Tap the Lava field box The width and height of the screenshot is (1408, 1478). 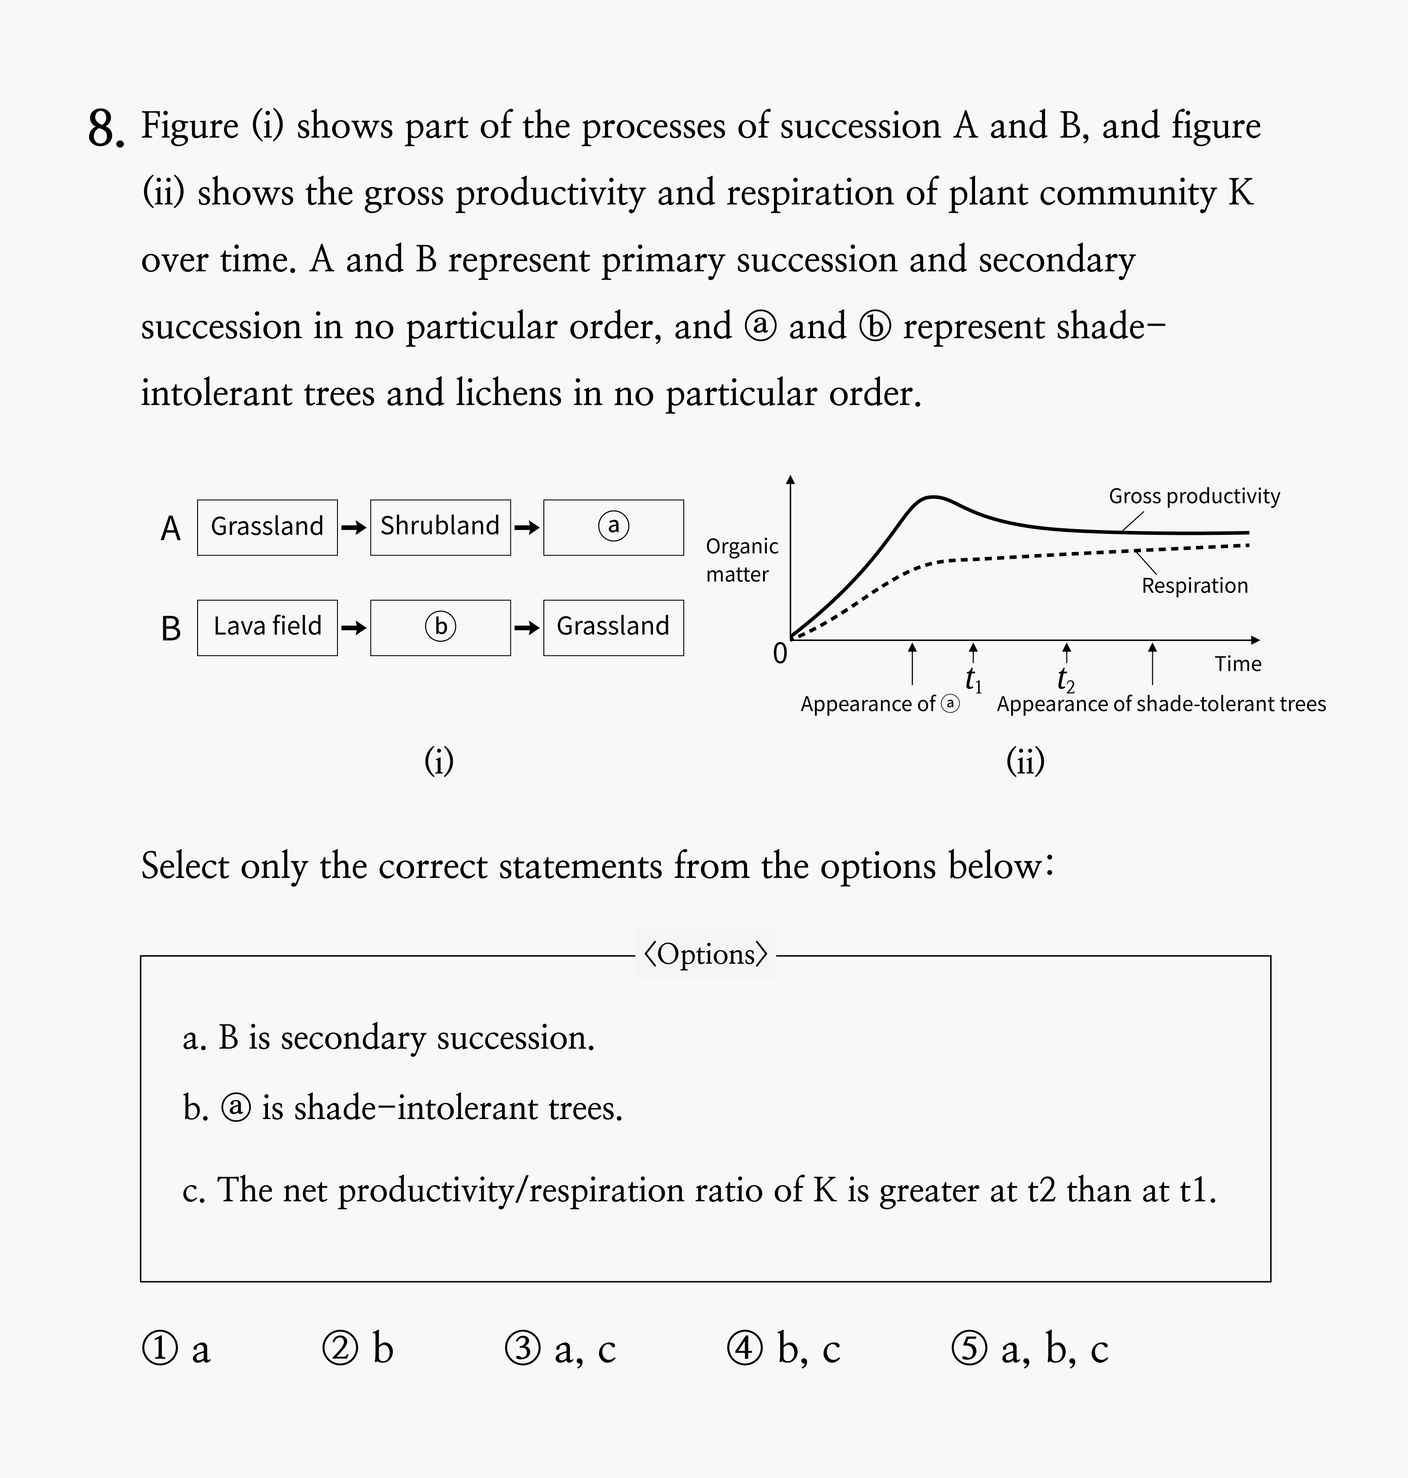(x=267, y=627)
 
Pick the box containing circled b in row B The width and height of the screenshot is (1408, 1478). (x=440, y=627)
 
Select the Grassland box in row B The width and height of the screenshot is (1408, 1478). (x=613, y=627)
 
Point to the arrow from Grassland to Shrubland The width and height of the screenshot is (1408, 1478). (x=353, y=527)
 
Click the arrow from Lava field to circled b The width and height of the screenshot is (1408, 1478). (x=353, y=627)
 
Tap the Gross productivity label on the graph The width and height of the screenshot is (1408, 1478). (x=1194, y=496)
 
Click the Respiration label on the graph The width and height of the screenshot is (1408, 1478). (x=1194, y=585)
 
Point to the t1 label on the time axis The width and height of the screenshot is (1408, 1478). (x=973, y=679)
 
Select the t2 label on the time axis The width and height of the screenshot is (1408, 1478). (x=1066, y=680)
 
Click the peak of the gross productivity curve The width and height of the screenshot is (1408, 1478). (x=932, y=497)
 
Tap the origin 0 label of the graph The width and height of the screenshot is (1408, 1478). (x=780, y=654)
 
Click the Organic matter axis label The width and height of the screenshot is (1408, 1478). (x=741, y=560)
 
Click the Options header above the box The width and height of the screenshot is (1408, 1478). (x=705, y=954)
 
